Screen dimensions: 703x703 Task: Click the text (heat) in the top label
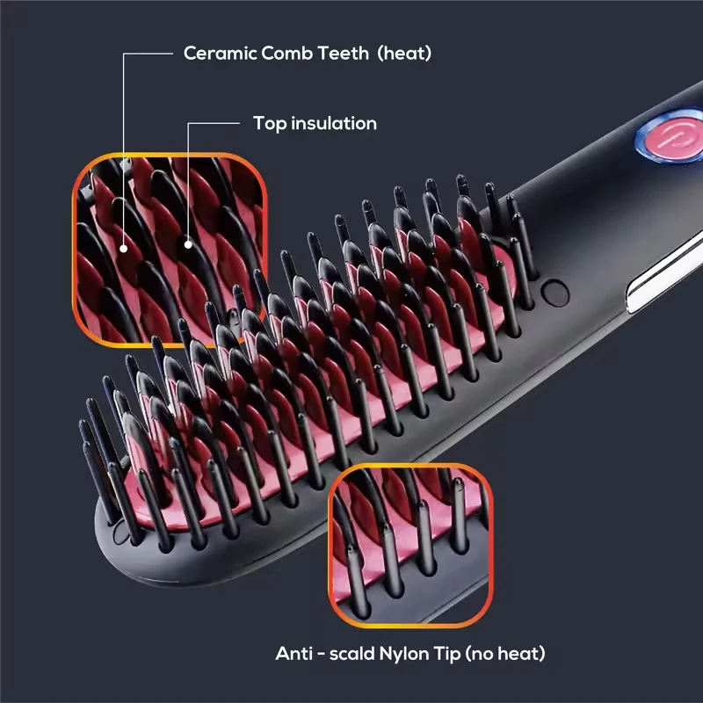point(404,54)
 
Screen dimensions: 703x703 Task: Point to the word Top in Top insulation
point(269,124)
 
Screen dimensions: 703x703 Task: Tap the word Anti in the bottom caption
point(295,654)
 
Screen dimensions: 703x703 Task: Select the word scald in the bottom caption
point(359,654)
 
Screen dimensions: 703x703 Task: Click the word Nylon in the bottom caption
point(417,654)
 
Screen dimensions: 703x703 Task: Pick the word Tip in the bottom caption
point(463,654)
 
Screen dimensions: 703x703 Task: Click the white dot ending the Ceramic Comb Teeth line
point(124,248)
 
